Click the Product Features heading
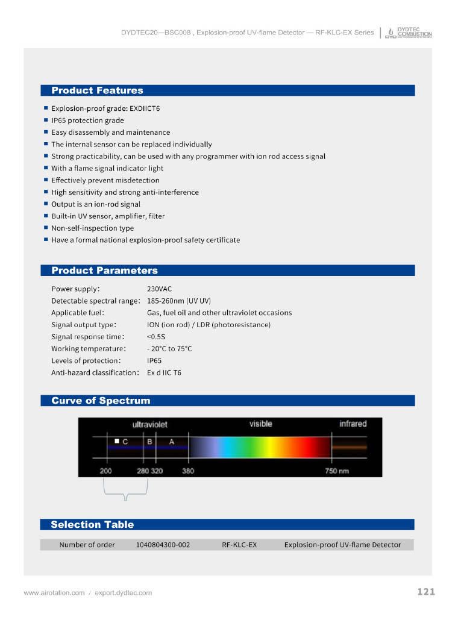tap(97, 90)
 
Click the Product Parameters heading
tap(104, 271)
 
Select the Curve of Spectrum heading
tap(101, 401)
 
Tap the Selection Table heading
tap(92, 524)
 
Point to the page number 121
tap(425, 592)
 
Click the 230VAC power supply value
tap(159, 289)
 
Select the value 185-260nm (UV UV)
tap(179, 301)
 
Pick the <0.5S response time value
tap(156, 337)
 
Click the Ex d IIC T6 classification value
tap(164, 372)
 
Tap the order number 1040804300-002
tap(163, 545)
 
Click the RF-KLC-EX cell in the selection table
tap(239, 545)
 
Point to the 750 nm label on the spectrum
tap(337, 471)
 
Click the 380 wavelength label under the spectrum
tap(188, 471)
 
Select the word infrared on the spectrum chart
tap(353, 424)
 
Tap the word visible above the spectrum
tap(260, 424)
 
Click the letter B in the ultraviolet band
tap(149, 442)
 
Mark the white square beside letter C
tap(118, 441)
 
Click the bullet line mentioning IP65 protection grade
tap(87, 121)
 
